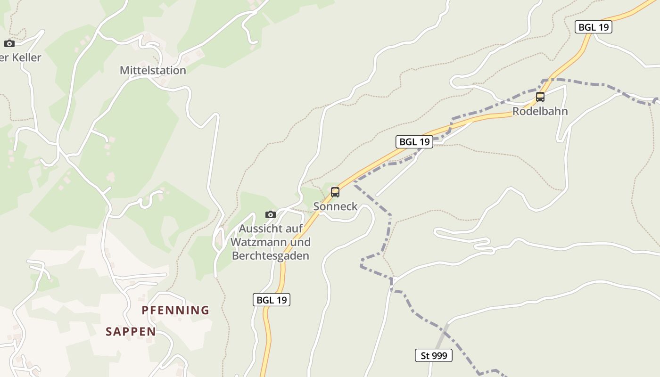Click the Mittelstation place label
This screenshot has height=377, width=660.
point(153,70)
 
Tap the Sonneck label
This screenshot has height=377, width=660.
point(335,206)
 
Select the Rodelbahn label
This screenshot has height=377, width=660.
point(540,111)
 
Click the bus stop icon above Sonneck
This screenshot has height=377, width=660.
point(335,192)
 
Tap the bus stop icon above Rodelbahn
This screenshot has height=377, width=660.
point(540,97)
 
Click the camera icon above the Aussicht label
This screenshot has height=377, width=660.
point(270,214)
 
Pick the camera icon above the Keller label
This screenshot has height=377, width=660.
point(9,43)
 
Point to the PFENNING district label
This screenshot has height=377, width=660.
point(175,310)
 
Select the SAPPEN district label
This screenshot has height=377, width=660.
point(131,331)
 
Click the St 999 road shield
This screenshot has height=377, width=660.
point(433,355)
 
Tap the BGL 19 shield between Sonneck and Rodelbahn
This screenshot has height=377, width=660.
point(414,141)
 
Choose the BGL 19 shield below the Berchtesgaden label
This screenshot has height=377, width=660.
point(271,300)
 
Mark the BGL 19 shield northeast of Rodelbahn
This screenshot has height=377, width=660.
point(593,27)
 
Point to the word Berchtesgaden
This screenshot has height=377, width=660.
point(270,256)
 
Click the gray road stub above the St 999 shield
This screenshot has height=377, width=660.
point(441,336)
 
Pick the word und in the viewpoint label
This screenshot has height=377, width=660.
point(300,242)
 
